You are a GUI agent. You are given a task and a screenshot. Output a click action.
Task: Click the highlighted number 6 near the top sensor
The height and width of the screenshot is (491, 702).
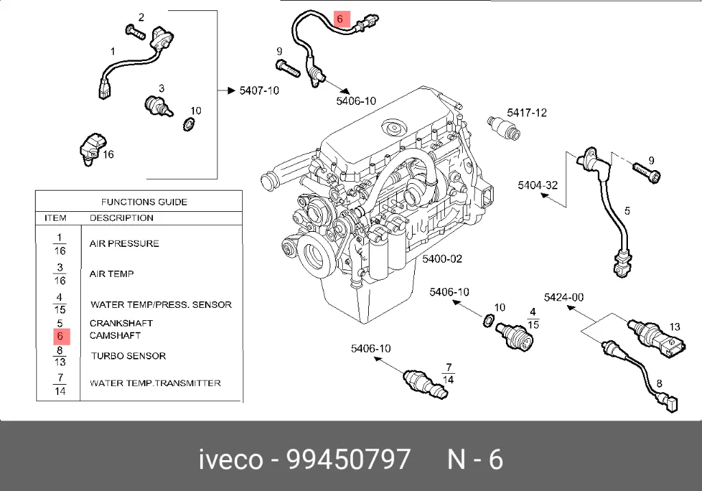click(339, 19)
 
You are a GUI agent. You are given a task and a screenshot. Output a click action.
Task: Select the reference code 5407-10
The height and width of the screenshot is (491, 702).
click(258, 91)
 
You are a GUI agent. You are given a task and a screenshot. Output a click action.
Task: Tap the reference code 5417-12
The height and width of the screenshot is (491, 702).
click(526, 112)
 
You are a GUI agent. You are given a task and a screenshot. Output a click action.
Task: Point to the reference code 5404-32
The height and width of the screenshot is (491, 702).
click(537, 185)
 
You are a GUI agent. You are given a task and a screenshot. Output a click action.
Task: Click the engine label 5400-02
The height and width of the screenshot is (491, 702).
click(441, 259)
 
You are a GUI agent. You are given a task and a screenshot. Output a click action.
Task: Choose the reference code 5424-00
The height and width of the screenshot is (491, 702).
click(564, 297)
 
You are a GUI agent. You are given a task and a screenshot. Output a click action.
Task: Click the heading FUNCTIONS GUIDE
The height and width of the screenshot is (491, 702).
click(144, 202)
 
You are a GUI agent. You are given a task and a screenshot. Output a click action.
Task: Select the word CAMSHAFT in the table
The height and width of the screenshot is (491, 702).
click(115, 335)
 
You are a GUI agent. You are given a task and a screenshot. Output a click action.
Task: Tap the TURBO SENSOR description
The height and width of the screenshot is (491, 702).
click(128, 356)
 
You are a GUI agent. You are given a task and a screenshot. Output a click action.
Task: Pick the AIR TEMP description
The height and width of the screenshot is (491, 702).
click(111, 274)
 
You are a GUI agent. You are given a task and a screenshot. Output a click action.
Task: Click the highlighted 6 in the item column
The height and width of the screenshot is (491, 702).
click(60, 336)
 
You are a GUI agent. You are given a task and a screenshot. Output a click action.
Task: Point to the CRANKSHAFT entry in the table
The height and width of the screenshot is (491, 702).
click(121, 323)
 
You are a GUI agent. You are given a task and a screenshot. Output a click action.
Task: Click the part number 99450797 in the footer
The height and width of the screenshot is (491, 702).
click(348, 459)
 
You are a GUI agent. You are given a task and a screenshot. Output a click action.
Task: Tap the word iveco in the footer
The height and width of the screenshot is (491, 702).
click(230, 459)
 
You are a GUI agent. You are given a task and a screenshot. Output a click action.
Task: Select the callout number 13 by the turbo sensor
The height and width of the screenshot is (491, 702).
click(674, 326)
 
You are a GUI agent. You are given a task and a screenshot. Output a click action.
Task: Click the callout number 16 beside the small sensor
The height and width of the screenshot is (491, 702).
click(108, 154)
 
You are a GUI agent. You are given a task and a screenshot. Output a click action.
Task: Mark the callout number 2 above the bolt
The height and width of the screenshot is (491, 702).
click(141, 17)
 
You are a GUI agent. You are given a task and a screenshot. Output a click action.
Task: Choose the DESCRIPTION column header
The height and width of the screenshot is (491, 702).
click(121, 218)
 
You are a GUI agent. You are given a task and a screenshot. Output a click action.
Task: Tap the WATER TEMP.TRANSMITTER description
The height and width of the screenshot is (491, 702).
click(155, 383)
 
